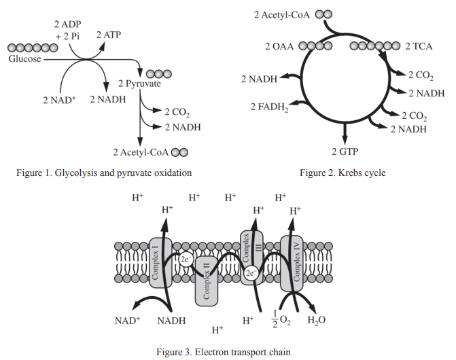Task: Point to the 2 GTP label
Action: tap(344, 150)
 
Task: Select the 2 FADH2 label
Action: tap(266, 107)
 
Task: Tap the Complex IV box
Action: tap(292, 261)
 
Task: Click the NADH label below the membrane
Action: tap(172, 321)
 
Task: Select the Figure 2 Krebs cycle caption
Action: tap(343, 173)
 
